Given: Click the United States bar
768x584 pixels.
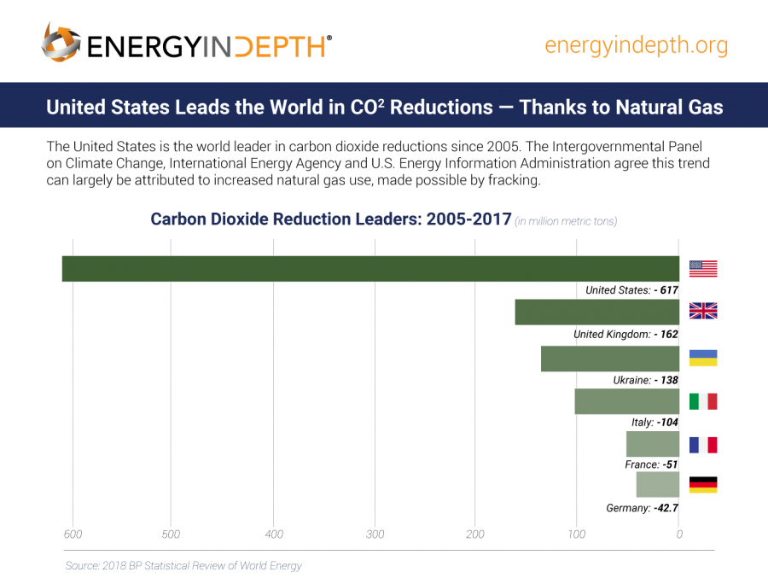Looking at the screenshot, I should tap(370, 269).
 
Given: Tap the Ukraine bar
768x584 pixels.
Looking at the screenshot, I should tap(610, 359).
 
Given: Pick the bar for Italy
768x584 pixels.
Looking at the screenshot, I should tap(627, 401).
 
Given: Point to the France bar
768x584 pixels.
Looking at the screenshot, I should tap(653, 444).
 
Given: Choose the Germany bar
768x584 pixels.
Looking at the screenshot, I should tap(658, 484).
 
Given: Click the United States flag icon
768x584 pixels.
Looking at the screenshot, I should tap(703, 269).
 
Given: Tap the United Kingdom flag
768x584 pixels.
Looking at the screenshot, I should tap(703, 311).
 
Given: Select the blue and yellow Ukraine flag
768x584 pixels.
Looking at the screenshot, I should tap(703, 358).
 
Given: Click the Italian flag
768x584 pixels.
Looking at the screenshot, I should tap(703, 401).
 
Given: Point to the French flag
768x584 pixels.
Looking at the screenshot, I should tap(703, 445).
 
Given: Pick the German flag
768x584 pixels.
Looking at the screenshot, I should tap(703, 485).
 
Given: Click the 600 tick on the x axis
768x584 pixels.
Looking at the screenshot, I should tap(73, 534).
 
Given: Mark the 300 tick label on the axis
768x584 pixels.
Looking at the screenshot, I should tap(375, 534).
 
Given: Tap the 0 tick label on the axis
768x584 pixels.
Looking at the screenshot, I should tap(679, 534).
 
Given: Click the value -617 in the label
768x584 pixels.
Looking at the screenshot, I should tap(666, 290).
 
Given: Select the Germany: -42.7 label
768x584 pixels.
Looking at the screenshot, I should tap(642, 508).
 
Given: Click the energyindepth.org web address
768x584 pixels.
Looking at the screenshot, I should tap(636, 45).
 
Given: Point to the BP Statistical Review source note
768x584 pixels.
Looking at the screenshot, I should tap(183, 565).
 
